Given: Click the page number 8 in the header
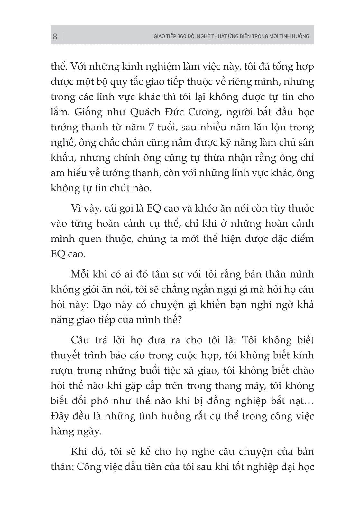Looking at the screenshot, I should (x=55, y=36).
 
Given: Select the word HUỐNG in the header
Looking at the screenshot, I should (x=300, y=36).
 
